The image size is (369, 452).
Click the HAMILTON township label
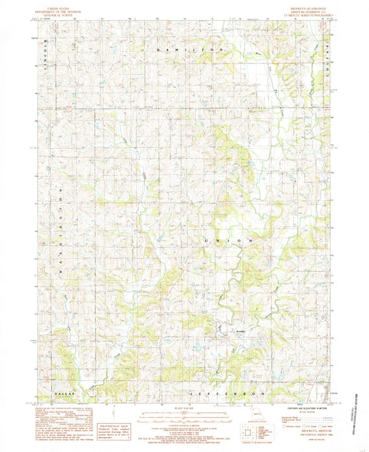pyautogui.click(x=190, y=51)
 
